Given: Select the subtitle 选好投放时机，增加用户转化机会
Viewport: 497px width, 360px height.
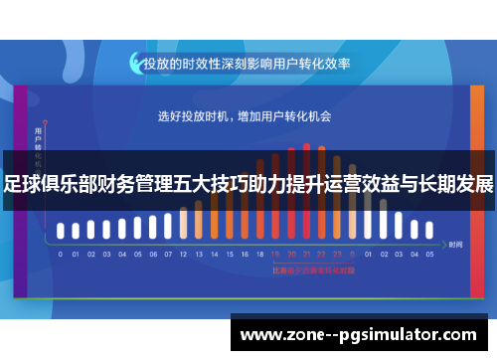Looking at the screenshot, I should tap(245, 115).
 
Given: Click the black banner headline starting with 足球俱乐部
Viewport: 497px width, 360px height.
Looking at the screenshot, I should tap(248, 184).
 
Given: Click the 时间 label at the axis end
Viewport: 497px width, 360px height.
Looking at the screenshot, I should tap(455, 244).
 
